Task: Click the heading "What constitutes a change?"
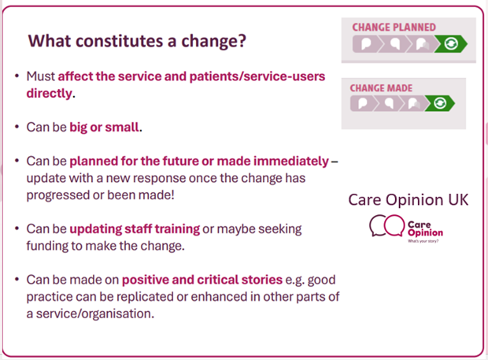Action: tap(137, 41)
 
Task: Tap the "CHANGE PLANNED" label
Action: tap(394, 28)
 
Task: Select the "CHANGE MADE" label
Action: tap(381, 88)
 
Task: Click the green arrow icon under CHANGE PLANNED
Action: tap(451, 43)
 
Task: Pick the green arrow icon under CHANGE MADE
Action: tap(440, 103)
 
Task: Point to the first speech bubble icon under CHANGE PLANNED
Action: tap(366, 43)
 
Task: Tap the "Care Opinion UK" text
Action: tap(408, 199)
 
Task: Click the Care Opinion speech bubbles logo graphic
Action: tap(386, 225)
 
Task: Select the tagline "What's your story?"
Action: tap(423, 241)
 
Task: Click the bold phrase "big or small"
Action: tap(104, 127)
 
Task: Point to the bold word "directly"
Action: tap(49, 94)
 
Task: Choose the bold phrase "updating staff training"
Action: tap(135, 229)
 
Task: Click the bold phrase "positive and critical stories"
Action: tap(202, 280)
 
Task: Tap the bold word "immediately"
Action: tap(291, 161)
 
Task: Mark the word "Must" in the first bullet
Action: tap(40, 76)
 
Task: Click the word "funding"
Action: tap(47, 246)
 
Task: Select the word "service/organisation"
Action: tap(95, 314)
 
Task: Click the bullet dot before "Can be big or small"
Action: tap(17, 127)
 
